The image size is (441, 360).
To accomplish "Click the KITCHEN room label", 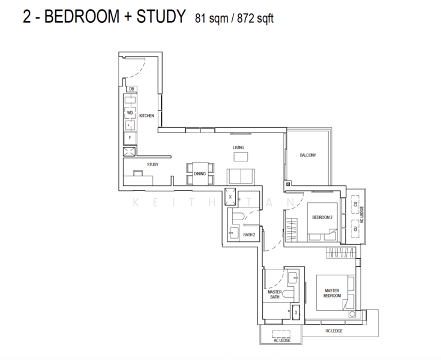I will [147, 115].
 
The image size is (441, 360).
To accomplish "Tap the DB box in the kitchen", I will [131, 89].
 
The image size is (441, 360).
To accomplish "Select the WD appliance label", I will [130, 112].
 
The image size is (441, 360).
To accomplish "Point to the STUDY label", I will [152, 164].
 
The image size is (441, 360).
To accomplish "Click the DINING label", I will [200, 174].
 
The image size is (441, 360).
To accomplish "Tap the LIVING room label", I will [239, 147].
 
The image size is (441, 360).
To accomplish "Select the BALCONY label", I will [308, 155].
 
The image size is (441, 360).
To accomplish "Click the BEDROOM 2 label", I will [322, 217].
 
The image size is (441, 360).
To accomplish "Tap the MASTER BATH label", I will [275, 294].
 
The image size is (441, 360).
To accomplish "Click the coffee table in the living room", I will [240, 157].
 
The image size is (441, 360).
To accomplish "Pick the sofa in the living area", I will [240, 176].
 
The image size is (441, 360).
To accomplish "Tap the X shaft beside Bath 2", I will [230, 195].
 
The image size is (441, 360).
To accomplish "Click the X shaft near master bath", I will [296, 313].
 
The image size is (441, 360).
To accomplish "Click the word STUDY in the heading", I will [156, 17].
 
